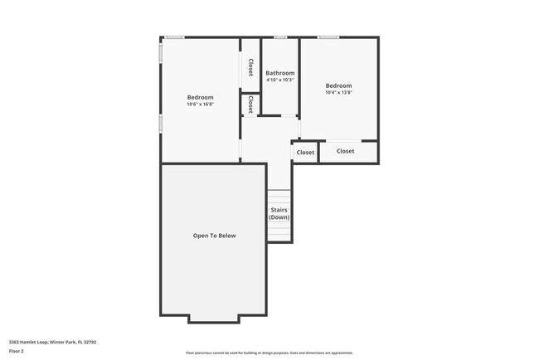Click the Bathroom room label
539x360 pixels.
point(279,73)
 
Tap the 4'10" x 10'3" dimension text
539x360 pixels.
point(279,80)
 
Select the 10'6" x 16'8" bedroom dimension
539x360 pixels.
point(200,105)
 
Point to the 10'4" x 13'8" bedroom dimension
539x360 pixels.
point(338,93)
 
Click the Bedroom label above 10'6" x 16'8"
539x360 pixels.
point(200,97)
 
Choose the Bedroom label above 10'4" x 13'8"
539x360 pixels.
point(338,85)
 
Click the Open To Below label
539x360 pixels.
point(214,236)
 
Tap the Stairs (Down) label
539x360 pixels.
point(279,213)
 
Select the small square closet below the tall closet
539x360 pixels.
point(250,105)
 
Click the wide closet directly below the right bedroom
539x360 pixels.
point(346,151)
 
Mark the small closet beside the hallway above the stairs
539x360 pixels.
point(305,153)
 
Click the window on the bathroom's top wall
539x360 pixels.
point(280,37)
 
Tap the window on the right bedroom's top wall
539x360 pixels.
point(328,37)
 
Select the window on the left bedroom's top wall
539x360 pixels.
point(174,37)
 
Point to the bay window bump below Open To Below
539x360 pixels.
point(214,319)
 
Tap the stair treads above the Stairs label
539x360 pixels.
point(279,197)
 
